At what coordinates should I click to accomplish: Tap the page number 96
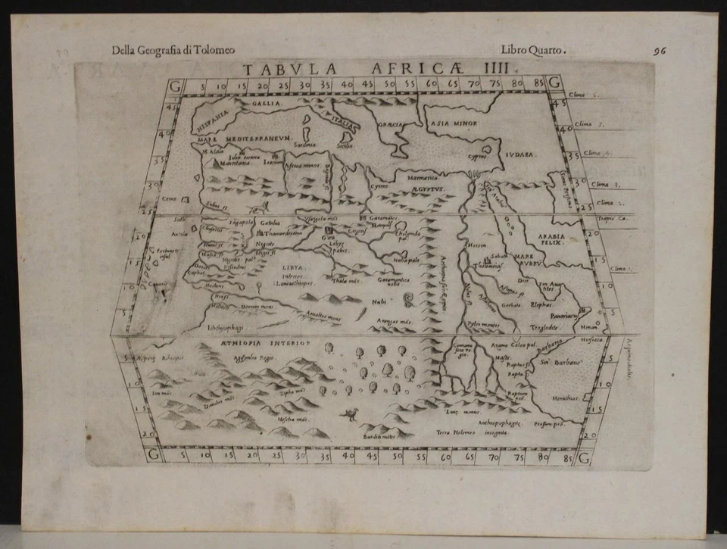pos(660,52)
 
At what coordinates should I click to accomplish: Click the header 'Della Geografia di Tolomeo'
pos(173,51)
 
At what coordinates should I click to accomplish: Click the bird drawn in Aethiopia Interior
pos(350,413)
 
